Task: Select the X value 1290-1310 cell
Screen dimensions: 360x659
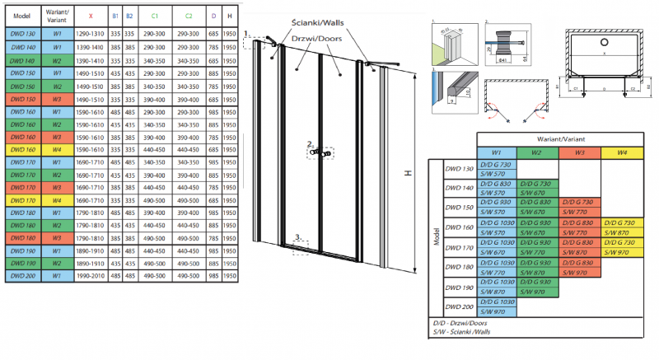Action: tap(91, 34)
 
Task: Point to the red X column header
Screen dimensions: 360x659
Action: tap(91, 16)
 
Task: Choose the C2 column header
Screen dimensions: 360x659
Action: tap(189, 16)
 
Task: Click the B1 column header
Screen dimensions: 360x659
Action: tap(115, 16)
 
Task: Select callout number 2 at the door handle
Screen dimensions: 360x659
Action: tap(311, 145)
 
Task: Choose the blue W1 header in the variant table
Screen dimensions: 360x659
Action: tap(496, 153)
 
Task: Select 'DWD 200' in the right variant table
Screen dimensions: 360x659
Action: tap(460, 306)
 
